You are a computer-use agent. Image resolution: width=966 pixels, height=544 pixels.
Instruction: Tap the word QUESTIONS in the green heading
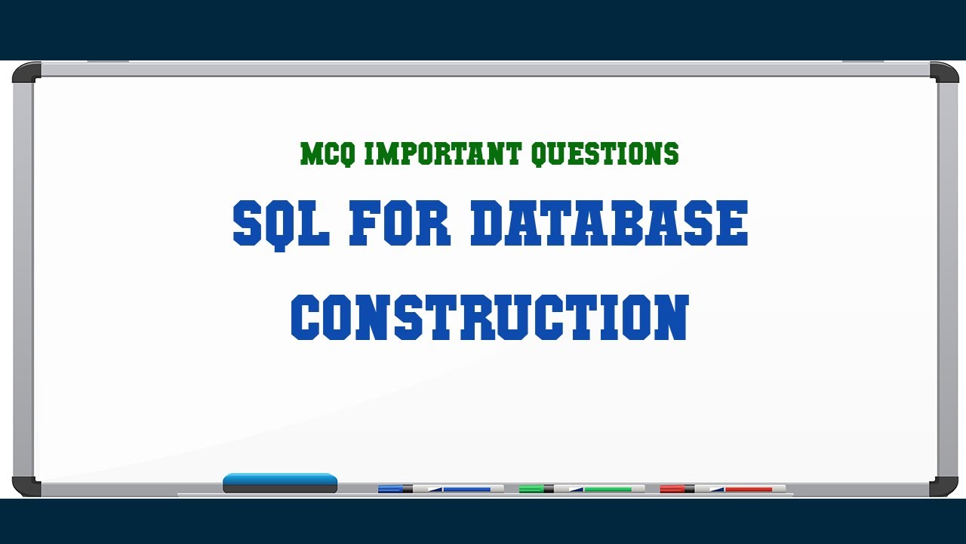pos(605,154)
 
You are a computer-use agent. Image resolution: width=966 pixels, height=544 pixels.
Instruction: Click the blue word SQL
pos(281,224)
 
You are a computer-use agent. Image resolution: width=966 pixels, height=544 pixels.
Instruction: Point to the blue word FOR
pos(399,224)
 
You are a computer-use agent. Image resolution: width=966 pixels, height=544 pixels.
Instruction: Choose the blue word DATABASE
pos(608,224)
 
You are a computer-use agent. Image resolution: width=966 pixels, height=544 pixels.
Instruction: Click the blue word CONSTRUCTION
pos(490,317)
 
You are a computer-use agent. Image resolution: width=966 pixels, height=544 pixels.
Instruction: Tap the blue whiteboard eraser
pos(280,484)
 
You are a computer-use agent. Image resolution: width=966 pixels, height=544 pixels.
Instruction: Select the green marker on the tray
pos(582,489)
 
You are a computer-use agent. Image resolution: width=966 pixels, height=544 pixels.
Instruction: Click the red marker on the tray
pos(722,489)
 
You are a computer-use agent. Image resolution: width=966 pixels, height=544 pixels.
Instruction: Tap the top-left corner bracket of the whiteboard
pos(26,73)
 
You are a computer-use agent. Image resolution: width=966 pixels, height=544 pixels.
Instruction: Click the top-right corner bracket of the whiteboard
pos(944,73)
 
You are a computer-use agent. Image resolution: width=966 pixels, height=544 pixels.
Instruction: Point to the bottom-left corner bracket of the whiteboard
pos(26,487)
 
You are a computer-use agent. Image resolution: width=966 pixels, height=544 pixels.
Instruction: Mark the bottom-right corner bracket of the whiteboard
pos(944,487)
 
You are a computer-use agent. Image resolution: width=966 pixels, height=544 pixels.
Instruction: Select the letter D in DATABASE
pos(491,224)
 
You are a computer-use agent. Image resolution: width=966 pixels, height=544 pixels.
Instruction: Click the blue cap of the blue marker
pos(390,489)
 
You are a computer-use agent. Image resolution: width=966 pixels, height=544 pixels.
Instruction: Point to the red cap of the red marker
pos(672,489)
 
